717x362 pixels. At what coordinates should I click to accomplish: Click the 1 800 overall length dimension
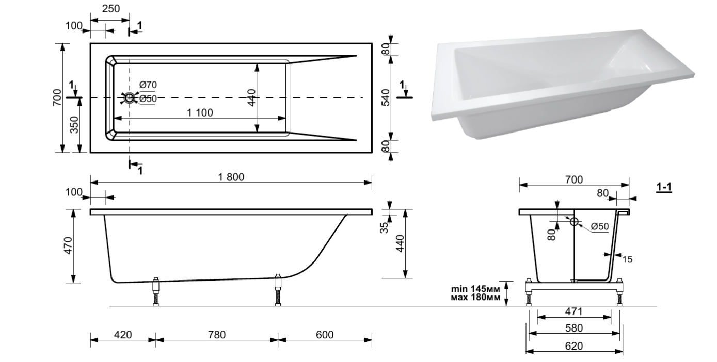tap(231, 177)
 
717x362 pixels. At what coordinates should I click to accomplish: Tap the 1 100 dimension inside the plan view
tap(200, 112)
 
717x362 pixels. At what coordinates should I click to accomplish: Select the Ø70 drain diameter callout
tap(148, 85)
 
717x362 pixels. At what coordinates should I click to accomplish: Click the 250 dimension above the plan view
tap(111, 9)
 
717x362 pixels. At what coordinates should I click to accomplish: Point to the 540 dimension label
tap(386, 97)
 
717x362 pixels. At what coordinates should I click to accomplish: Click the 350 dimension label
tap(74, 125)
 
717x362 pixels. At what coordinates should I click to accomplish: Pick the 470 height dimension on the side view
tap(68, 245)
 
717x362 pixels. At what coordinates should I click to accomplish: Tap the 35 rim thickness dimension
tap(384, 227)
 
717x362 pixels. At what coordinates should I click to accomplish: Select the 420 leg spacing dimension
tap(123, 335)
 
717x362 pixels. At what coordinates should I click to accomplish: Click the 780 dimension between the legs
tap(217, 335)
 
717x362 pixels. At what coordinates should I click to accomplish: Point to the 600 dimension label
tap(325, 335)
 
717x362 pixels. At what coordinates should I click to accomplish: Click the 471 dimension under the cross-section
tap(573, 311)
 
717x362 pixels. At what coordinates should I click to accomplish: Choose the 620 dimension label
tap(573, 345)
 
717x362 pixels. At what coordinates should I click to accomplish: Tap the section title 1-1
tap(664, 187)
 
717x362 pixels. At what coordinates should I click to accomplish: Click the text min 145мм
tap(475, 289)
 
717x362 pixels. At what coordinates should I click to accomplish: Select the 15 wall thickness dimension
tap(627, 259)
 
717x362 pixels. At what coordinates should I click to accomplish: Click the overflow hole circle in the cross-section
tap(574, 221)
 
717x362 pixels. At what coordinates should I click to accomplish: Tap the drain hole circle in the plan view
tap(130, 98)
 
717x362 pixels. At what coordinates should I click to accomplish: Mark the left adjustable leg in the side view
tap(155, 291)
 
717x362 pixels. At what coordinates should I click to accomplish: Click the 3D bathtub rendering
tap(563, 84)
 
